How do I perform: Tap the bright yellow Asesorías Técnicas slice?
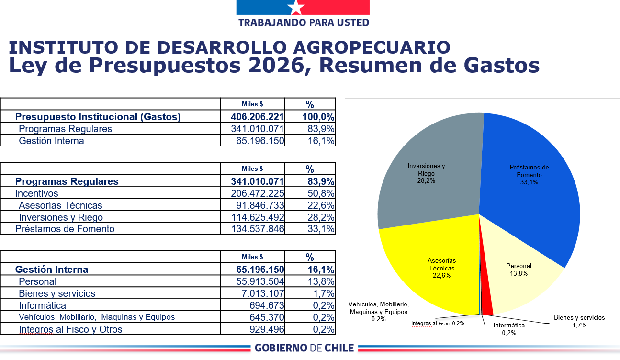click(x=431, y=273)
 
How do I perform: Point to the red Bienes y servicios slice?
click(x=486, y=306)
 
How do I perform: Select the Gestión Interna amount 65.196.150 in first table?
click(x=260, y=141)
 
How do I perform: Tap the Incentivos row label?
click(x=37, y=193)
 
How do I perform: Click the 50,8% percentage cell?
click(x=320, y=193)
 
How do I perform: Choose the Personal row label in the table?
click(x=38, y=281)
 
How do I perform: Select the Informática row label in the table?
click(x=43, y=305)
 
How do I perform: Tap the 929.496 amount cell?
click(x=267, y=329)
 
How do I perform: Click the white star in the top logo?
click(x=296, y=7)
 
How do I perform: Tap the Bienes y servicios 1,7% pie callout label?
click(x=579, y=321)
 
